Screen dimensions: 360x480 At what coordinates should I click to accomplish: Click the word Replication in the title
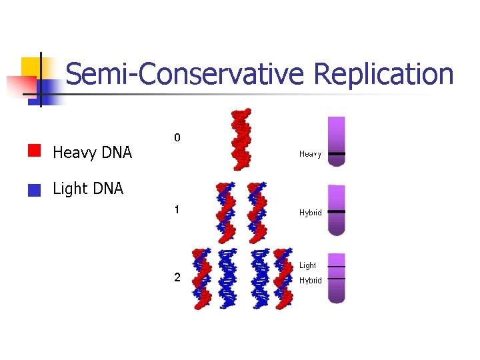[383, 75]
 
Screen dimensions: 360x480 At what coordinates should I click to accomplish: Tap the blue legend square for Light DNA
[35, 190]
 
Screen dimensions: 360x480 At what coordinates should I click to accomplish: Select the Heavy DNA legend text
[92, 153]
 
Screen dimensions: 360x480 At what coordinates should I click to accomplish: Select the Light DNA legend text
[88, 189]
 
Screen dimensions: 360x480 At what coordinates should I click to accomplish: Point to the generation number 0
[177, 138]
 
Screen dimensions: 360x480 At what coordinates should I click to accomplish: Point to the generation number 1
[177, 210]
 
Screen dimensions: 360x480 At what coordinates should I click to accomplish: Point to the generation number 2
[177, 278]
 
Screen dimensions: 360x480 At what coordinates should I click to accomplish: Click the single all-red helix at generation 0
[241, 139]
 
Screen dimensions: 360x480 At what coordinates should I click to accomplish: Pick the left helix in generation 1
[225, 212]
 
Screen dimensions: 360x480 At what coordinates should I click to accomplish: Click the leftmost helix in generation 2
[201, 279]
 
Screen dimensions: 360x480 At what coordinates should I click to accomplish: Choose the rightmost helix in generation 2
[283, 279]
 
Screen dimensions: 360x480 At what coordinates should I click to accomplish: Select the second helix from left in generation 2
[228, 279]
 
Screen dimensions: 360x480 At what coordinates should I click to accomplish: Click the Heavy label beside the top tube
[310, 154]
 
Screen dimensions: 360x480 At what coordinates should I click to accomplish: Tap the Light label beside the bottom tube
[307, 265]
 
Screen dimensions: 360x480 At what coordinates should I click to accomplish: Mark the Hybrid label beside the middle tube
[310, 213]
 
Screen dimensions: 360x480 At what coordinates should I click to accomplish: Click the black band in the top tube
[337, 153]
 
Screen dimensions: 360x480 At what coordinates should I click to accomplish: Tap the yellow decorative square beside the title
[31, 67]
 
